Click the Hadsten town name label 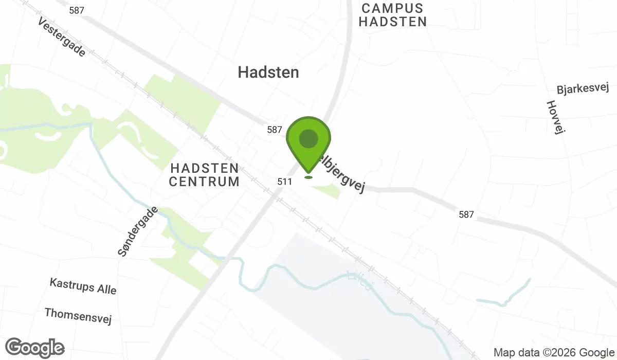268,72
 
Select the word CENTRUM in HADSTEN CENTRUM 204,182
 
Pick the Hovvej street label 556,117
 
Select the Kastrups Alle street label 83,286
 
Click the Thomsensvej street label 78,316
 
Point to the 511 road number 284,182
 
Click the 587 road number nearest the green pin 275,130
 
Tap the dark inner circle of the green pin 308,138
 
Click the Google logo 35,348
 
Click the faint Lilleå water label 359,281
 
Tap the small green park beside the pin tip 327,191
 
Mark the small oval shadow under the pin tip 308,177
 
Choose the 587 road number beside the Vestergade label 76,10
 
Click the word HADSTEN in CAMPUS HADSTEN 393,22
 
